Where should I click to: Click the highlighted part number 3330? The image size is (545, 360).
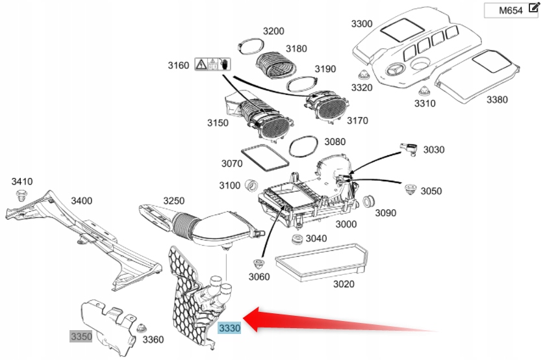click(229, 329)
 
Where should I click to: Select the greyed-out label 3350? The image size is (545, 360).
click(82, 336)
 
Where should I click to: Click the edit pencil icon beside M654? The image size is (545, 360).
click(535, 9)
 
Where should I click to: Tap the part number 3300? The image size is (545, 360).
click(362, 24)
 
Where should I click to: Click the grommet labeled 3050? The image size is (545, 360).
click(410, 190)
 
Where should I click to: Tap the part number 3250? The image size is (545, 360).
click(174, 201)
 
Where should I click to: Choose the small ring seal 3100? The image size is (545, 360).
click(251, 186)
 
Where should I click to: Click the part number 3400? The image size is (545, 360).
click(81, 201)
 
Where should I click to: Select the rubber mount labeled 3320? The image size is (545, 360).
click(361, 74)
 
